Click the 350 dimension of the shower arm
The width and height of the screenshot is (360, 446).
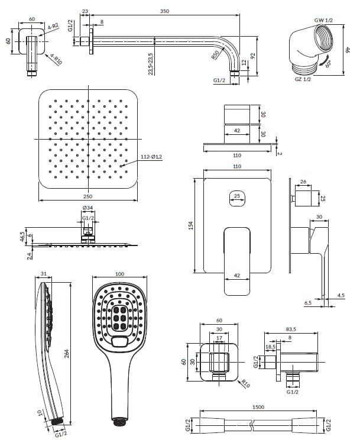(164, 11)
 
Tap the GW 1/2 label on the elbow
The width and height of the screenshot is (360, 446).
(323, 20)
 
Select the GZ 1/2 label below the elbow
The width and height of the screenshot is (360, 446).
(303, 79)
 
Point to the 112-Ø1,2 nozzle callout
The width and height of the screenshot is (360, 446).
(151, 157)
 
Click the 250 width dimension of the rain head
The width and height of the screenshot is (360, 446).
(88, 196)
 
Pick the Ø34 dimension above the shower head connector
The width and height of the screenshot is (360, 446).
(87, 208)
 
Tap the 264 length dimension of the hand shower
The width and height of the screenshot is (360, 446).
(67, 353)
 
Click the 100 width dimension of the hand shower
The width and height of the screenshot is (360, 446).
(120, 274)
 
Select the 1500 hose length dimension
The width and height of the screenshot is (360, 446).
(258, 407)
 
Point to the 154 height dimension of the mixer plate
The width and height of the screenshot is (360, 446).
(191, 225)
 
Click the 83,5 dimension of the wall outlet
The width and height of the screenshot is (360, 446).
(291, 329)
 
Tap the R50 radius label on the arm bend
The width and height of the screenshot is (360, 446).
(215, 54)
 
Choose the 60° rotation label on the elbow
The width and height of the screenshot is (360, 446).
(328, 64)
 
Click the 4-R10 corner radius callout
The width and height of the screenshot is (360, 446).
(56, 59)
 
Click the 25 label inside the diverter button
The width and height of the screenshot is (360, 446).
(237, 196)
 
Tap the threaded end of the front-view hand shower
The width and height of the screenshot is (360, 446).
(119, 421)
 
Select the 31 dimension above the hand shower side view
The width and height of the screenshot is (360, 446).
(44, 274)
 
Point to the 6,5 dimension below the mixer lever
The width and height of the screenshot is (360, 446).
(308, 303)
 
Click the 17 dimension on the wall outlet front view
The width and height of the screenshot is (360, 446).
(219, 338)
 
